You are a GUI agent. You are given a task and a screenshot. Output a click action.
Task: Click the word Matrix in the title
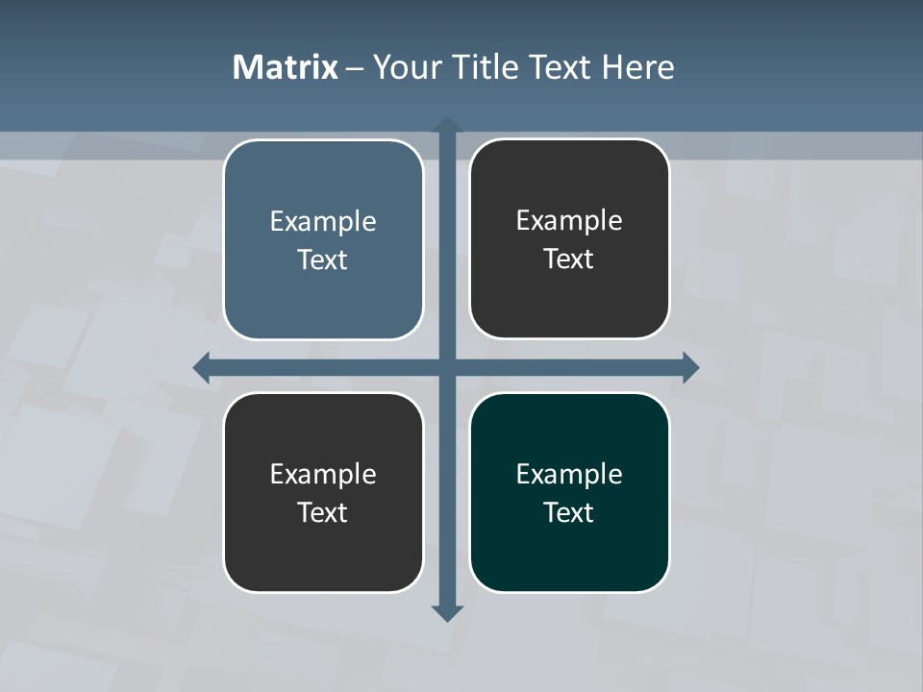tap(285, 67)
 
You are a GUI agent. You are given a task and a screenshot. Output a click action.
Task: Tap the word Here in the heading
tap(637, 67)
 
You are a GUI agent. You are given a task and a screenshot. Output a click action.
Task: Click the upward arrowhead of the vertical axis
tap(446, 125)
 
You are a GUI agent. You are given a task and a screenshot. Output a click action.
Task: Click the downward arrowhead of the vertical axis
tap(446, 612)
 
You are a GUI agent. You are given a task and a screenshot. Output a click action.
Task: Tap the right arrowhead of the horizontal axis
tap(690, 367)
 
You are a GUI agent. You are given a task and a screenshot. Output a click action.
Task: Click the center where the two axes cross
tap(446, 367)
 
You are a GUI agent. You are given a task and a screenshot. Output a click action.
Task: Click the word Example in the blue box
tap(323, 221)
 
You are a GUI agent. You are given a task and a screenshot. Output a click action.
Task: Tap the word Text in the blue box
tap(323, 259)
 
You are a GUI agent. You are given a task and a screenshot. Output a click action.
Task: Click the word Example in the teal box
tap(569, 474)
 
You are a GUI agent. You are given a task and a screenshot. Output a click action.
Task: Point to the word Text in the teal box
tap(569, 512)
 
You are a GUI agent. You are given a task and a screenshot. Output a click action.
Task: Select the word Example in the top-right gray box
tap(569, 220)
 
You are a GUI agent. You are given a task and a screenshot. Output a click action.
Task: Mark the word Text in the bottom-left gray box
tap(323, 512)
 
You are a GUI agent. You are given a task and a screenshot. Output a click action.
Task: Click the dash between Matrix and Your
tap(355, 68)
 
